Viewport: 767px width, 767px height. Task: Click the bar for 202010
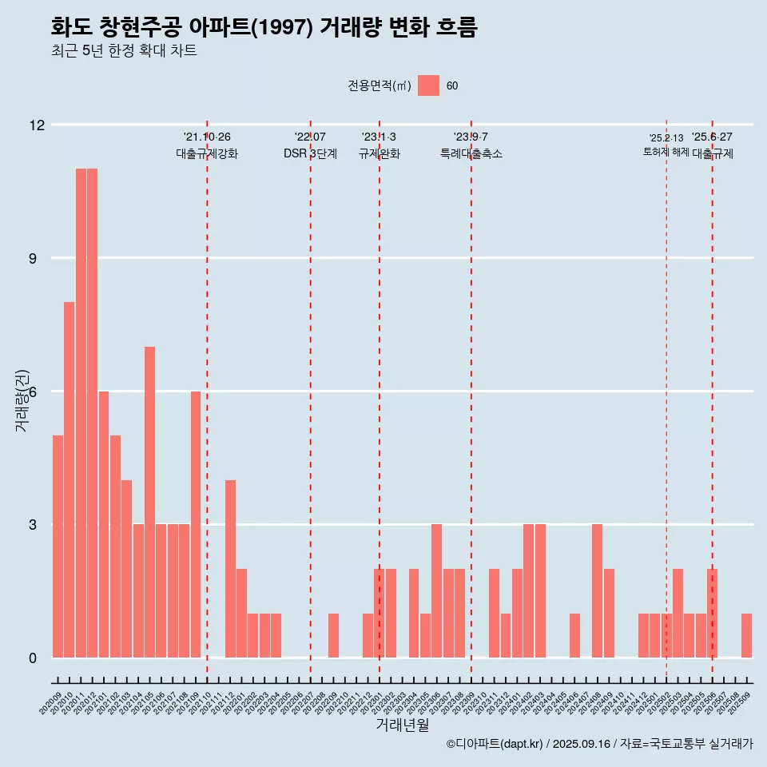70,479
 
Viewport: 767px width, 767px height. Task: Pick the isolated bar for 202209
333,636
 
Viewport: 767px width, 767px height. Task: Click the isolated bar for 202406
574,636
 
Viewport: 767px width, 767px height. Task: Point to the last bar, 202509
746,636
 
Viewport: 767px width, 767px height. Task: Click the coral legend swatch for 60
428,85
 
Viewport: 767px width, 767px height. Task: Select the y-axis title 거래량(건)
22,399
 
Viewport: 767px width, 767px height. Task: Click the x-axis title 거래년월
402,725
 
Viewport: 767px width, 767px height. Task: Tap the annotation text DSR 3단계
310,154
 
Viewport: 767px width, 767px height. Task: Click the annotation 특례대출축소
471,154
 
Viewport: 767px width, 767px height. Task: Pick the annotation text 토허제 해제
666,152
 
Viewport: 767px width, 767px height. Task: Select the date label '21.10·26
207,137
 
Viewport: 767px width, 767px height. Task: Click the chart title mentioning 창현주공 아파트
264,28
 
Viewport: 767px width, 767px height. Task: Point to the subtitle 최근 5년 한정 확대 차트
124,51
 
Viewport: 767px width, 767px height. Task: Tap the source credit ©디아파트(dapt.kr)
495,744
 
